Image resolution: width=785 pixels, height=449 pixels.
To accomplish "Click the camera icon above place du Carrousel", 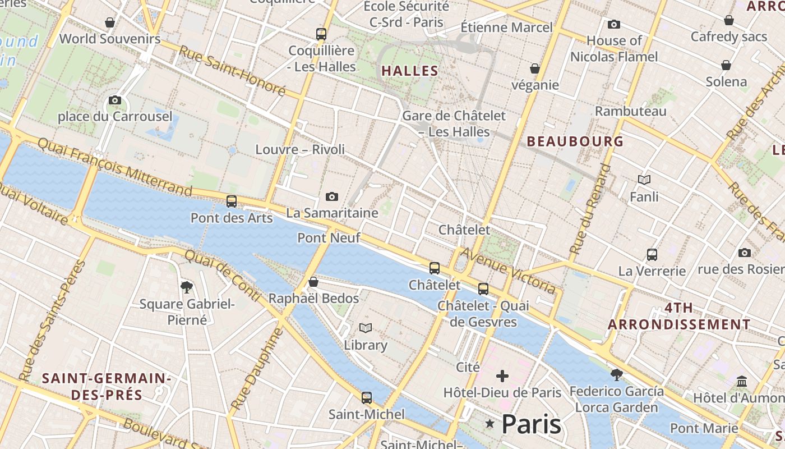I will point(115,100).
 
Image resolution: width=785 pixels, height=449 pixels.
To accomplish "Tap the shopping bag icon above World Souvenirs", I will point(110,22).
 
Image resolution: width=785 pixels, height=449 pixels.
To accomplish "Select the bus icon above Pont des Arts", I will point(231,201).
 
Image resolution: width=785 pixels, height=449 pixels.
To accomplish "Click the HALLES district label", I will point(409,71).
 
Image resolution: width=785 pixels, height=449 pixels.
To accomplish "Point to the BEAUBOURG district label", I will point(575,141).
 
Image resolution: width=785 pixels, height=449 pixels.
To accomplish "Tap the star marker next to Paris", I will point(490,424).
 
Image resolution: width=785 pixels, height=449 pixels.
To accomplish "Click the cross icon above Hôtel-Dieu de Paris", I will point(502,375).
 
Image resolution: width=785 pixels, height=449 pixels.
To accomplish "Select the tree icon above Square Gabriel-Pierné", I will point(187,287).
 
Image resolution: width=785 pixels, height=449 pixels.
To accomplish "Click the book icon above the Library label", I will point(366,328).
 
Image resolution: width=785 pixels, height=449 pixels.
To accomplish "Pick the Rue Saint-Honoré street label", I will point(232,70).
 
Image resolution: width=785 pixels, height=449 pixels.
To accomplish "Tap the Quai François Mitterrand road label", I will point(115,165).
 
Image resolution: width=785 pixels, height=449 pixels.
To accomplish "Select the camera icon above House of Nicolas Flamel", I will point(614,24).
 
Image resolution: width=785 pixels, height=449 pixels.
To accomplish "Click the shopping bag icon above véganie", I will point(535,68).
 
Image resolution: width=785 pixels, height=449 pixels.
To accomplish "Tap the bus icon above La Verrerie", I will point(652,254).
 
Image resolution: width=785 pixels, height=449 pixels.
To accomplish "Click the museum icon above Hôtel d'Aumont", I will point(742,381).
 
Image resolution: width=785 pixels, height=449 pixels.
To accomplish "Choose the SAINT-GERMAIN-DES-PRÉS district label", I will point(107,386).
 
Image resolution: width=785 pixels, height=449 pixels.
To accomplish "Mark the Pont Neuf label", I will point(328,237).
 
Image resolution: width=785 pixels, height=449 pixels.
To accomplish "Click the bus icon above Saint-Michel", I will point(366,398).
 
